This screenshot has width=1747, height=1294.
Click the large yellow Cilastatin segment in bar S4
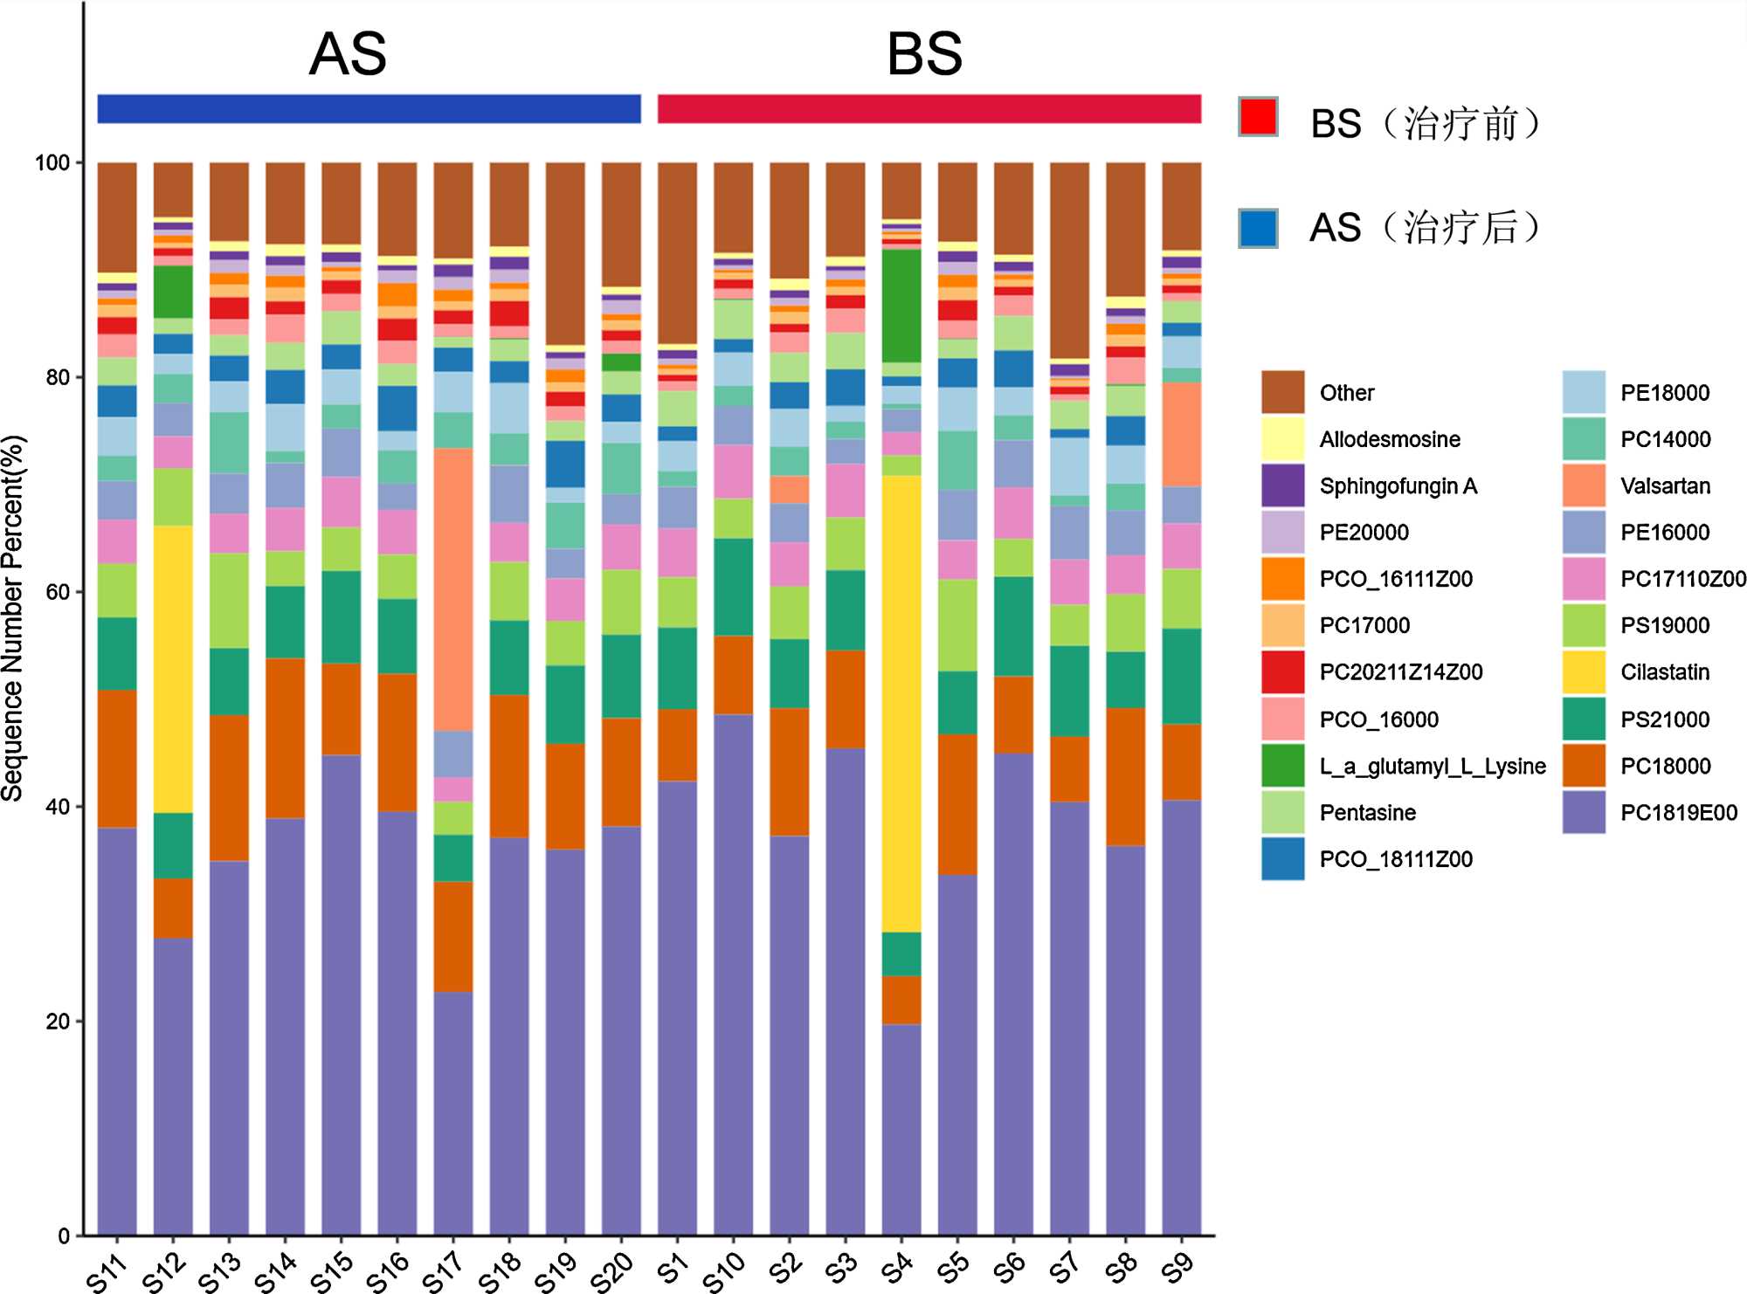pyautogui.click(x=901, y=703)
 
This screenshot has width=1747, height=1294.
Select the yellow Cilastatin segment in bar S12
pyautogui.click(x=173, y=669)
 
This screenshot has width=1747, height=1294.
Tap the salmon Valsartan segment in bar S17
pyautogui.click(x=453, y=589)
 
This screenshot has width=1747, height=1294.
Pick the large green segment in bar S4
pyautogui.click(x=901, y=306)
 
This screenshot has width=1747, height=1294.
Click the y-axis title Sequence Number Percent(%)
pyautogui.click(x=13, y=618)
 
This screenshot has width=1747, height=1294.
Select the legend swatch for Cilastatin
pyautogui.click(x=1584, y=672)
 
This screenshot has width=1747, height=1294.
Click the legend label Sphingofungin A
pyautogui.click(x=1398, y=486)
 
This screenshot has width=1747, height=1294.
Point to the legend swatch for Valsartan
pyautogui.click(x=1584, y=485)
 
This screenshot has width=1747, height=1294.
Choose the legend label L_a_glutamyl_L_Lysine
pyautogui.click(x=1433, y=767)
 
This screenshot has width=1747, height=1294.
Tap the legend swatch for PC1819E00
pyautogui.click(x=1584, y=812)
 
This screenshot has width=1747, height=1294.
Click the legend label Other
pyautogui.click(x=1346, y=393)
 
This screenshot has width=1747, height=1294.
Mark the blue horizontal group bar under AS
pyautogui.click(x=369, y=109)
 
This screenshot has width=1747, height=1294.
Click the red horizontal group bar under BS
pyautogui.click(x=929, y=109)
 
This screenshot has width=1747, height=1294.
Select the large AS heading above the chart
pyautogui.click(x=348, y=54)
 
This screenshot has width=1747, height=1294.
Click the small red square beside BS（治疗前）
pyautogui.click(x=1259, y=117)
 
